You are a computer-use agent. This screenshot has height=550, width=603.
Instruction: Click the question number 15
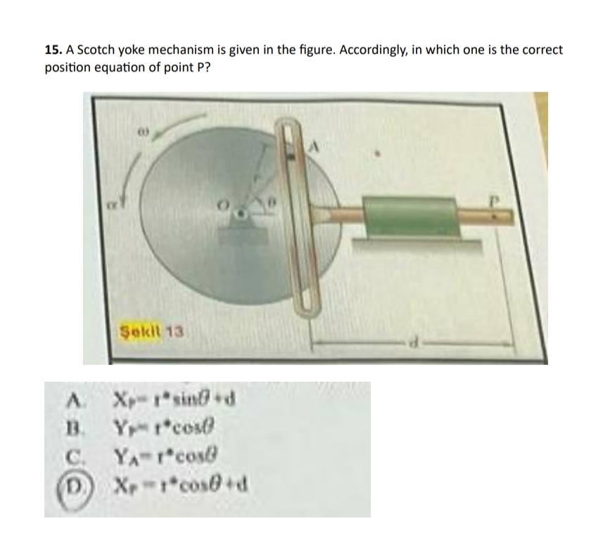51,51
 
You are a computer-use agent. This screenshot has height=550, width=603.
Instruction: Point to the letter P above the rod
495,199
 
